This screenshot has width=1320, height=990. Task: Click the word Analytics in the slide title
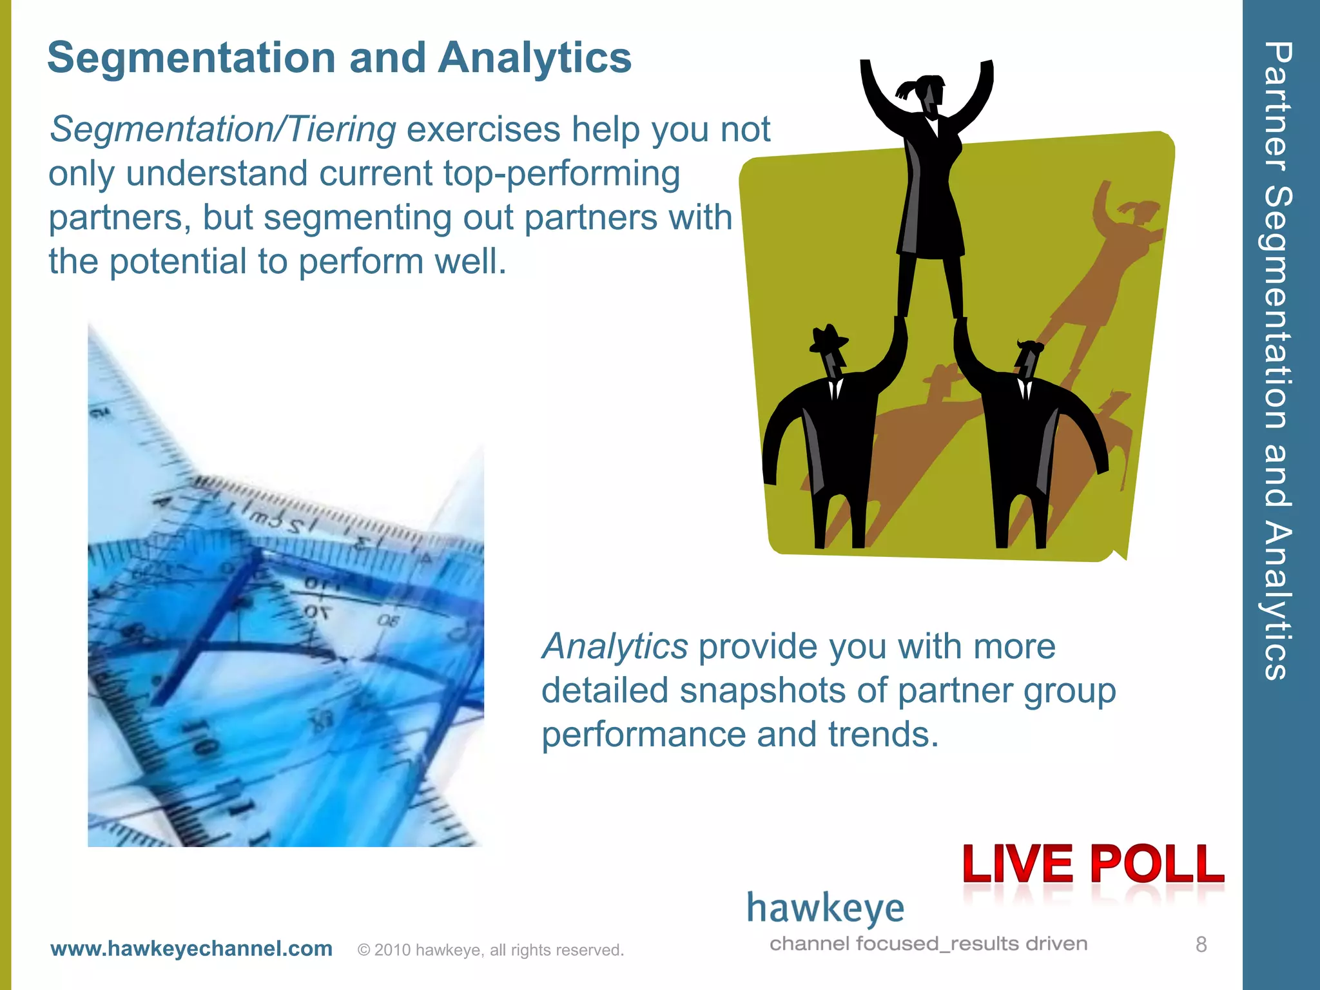tap(534, 58)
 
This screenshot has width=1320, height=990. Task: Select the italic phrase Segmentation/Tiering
tap(222, 130)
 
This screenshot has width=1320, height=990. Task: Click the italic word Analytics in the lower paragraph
tap(615, 646)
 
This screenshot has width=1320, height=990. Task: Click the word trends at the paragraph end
tap(882, 735)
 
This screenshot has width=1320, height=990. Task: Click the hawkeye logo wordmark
tap(825, 909)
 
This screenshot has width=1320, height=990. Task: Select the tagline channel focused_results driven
tap(928, 944)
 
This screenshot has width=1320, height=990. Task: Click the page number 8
tap(1201, 945)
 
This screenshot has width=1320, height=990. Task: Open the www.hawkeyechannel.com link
tap(191, 949)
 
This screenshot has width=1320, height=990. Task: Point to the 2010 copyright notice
tap(490, 950)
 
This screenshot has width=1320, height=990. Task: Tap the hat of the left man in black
tap(828, 338)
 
